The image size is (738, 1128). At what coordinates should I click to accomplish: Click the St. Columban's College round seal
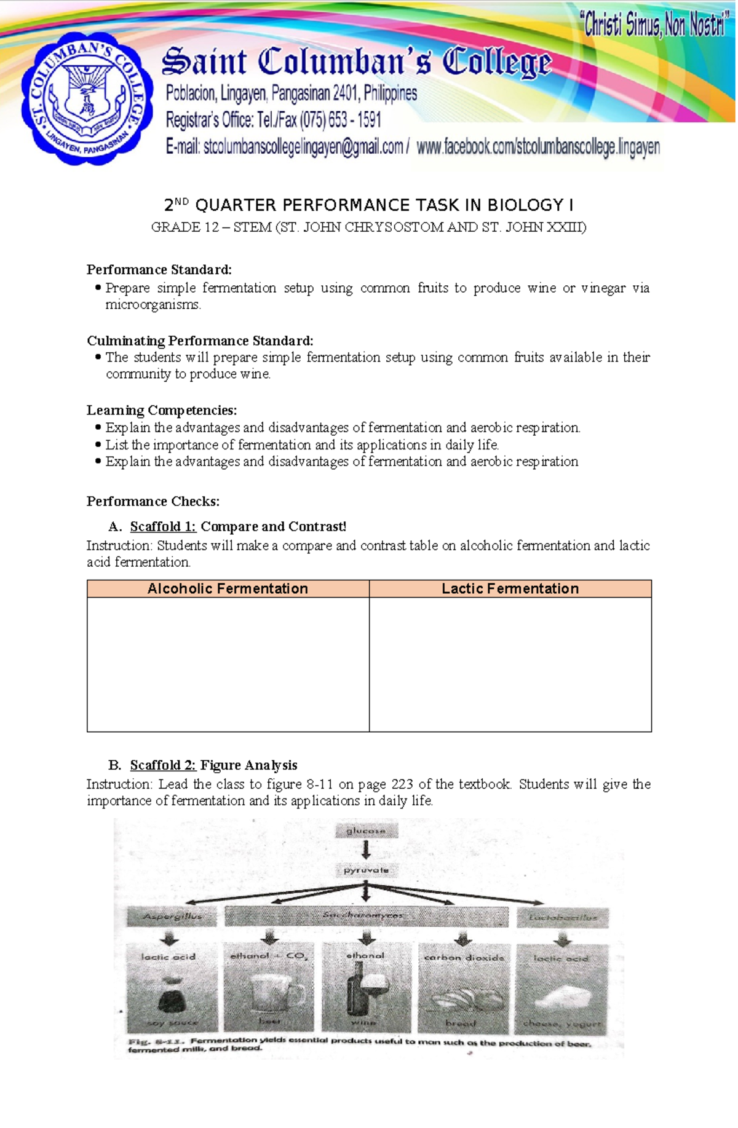click(87, 98)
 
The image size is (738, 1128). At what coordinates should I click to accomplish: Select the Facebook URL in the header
click(538, 148)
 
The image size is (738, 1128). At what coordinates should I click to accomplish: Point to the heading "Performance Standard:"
click(159, 269)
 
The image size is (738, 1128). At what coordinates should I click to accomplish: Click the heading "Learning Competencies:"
click(161, 410)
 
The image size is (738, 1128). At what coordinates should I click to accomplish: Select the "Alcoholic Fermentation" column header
click(228, 588)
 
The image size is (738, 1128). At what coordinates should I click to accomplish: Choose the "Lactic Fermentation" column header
click(510, 588)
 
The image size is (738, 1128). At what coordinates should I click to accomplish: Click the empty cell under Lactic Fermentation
click(510, 664)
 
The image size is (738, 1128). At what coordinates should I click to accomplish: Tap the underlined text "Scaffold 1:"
click(162, 526)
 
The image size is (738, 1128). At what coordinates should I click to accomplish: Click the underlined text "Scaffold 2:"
click(162, 765)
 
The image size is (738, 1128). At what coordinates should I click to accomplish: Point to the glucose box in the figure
click(366, 830)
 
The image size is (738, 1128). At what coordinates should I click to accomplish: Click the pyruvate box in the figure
click(366, 870)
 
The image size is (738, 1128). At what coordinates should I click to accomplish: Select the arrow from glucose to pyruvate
click(366, 850)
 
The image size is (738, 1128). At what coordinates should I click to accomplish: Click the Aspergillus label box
click(172, 917)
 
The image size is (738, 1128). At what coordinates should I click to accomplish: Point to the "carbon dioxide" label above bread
click(464, 957)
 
